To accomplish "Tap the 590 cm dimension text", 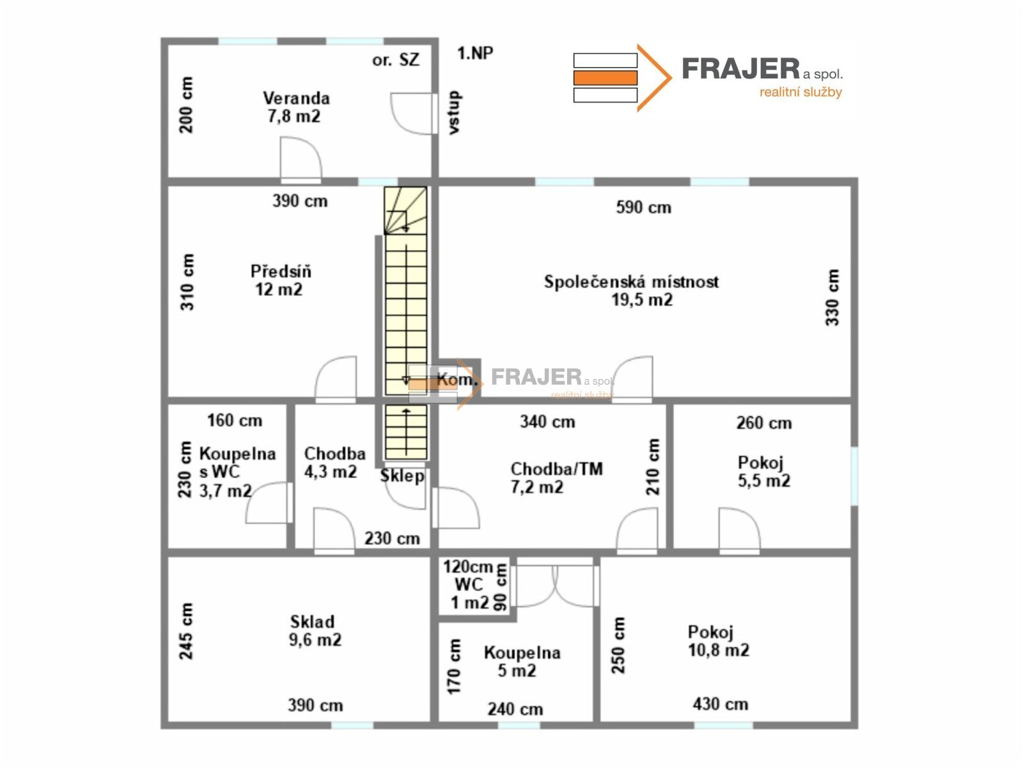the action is tap(644, 207).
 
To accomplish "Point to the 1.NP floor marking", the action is tap(475, 53).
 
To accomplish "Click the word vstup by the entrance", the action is tap(454, 113).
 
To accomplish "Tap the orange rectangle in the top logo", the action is tap(605, 78).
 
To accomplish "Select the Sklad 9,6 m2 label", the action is tap(315, 630).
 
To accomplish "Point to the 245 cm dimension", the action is tap(185, 632).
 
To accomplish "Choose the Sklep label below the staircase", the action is tap(402, 476).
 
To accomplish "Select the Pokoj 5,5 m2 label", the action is tap(764, 472).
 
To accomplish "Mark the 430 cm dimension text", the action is tap(720, 703).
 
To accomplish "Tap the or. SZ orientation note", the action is tap(396, 60).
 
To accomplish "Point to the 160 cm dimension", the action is tap(235, 420).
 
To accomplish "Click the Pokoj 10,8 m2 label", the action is tap(718, 641).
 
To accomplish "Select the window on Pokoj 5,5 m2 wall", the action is tap(854, 476).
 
